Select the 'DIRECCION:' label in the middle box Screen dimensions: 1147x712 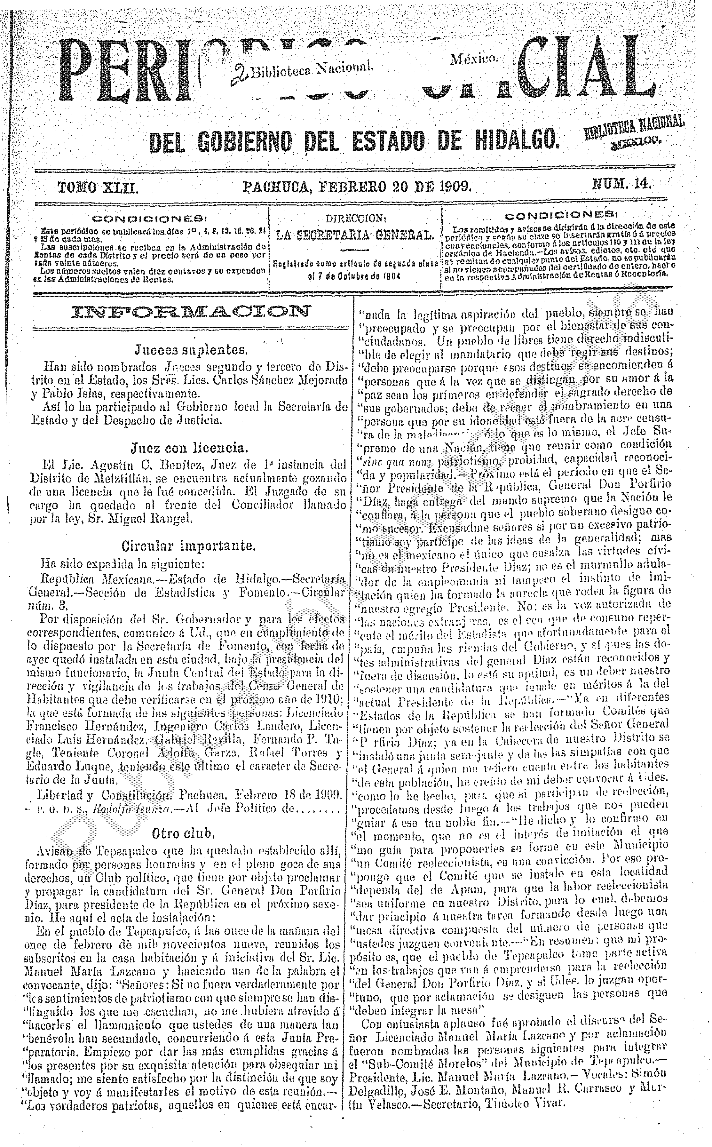(356, 219)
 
